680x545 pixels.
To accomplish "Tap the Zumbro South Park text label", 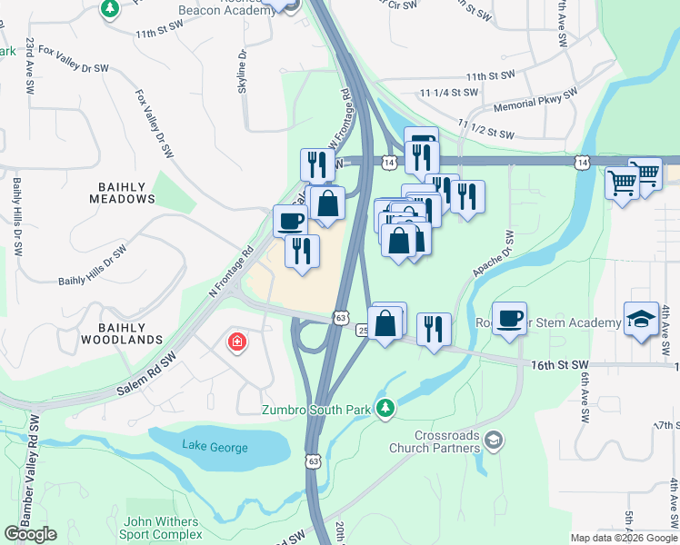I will click(x=316, y=410).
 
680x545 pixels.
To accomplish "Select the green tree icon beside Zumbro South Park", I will click(x=387, y=409).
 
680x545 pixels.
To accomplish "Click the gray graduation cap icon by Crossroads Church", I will click(x=494, y=441).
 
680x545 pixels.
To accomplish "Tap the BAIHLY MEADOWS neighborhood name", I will click(x=122, y=192).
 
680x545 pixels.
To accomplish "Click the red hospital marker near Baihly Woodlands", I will click(x=236, y=342).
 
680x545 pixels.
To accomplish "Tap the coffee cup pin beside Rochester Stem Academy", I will click(x=510, y=318).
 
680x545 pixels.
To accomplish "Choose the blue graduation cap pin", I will click(x=641, y=320).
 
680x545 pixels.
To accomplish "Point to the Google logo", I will click(x=29, y=534).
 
